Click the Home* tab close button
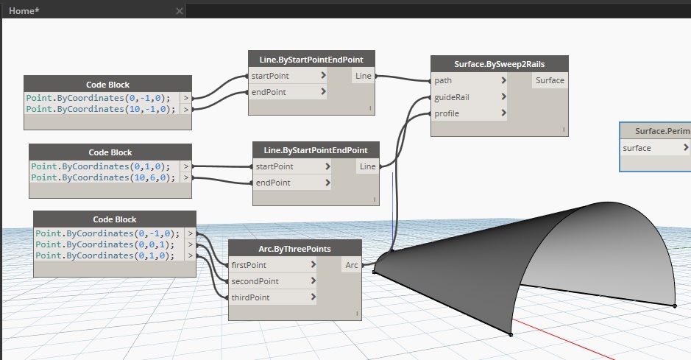(180, 11)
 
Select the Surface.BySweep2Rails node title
(499, 64)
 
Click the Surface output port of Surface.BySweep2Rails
(550, 81)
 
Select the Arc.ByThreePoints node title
(295, 249)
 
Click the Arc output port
(351, 265)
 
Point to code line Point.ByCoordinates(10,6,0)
(103, 177)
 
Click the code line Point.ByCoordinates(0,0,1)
(105, 244)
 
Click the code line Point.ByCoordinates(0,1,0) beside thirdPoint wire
(105, 255)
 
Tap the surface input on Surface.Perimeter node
(655, 148)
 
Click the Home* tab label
(24, 11)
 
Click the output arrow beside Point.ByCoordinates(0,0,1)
(191, 244)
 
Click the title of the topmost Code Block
(108, 85)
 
